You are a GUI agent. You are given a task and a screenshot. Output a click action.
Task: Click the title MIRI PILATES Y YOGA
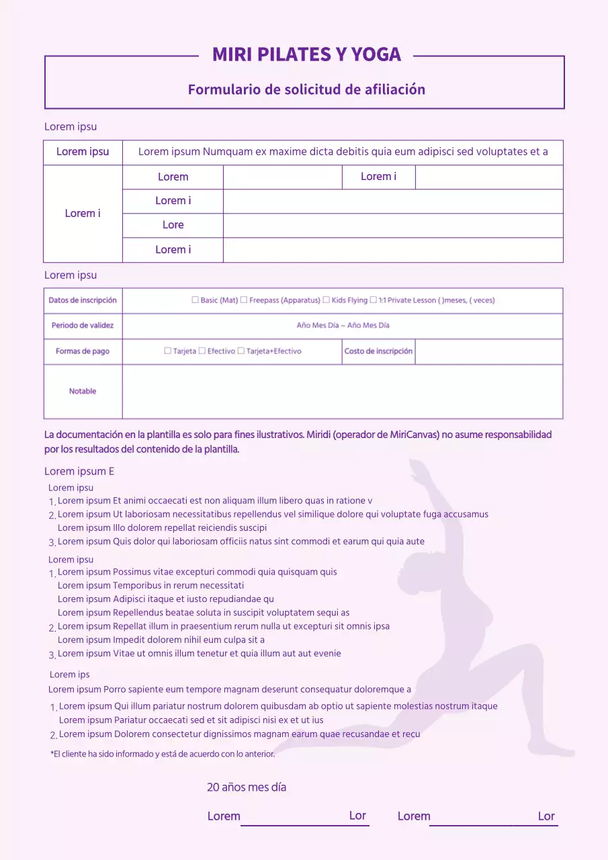tap(306, 54)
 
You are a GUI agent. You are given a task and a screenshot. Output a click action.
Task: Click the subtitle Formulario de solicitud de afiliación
tap(306, 89)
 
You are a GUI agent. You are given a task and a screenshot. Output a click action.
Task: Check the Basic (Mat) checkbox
tap(196, 300)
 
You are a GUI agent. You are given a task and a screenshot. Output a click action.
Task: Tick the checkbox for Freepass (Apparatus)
tap(244, 300)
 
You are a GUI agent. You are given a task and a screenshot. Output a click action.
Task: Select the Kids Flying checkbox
tap(326, 300)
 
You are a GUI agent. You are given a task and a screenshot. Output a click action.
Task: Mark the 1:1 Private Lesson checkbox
tap(373, 300)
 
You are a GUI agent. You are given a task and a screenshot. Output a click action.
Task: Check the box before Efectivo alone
tap(202, 351)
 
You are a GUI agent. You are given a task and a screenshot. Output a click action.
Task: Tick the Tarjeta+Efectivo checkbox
tap(241, 351)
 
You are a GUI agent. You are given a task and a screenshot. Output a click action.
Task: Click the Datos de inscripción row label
tap(83, 300)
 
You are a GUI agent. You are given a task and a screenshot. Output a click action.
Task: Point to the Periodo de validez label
tap(83, 326)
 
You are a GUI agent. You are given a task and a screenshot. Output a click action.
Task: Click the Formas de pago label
tap(83, 351)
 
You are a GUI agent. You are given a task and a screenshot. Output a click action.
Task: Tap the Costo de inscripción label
tap(378, 351)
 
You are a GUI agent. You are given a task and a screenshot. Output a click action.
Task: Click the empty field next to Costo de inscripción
tap(488, 351)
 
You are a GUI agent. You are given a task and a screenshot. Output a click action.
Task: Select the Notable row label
tap(83, 391)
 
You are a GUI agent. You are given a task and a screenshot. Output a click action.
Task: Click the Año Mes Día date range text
tap(343, 326)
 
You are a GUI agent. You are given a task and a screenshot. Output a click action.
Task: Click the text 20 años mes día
tap(247, 787)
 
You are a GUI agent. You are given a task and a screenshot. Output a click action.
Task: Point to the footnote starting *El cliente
tap(163, 755)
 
